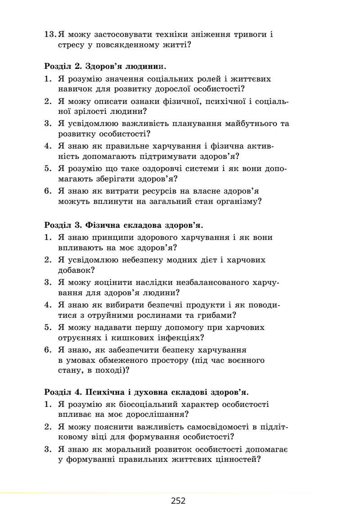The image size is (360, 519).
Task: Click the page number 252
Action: [x=178, y=501]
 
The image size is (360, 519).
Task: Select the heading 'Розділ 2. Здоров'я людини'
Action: [x=105, y=67]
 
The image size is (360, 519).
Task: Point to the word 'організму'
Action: [x=239, y=202]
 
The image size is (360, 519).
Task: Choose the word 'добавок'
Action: [x=75, y=271]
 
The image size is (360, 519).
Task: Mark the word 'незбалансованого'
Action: [x=198, y=282]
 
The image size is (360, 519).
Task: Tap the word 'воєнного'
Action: [x=247, y=361]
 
